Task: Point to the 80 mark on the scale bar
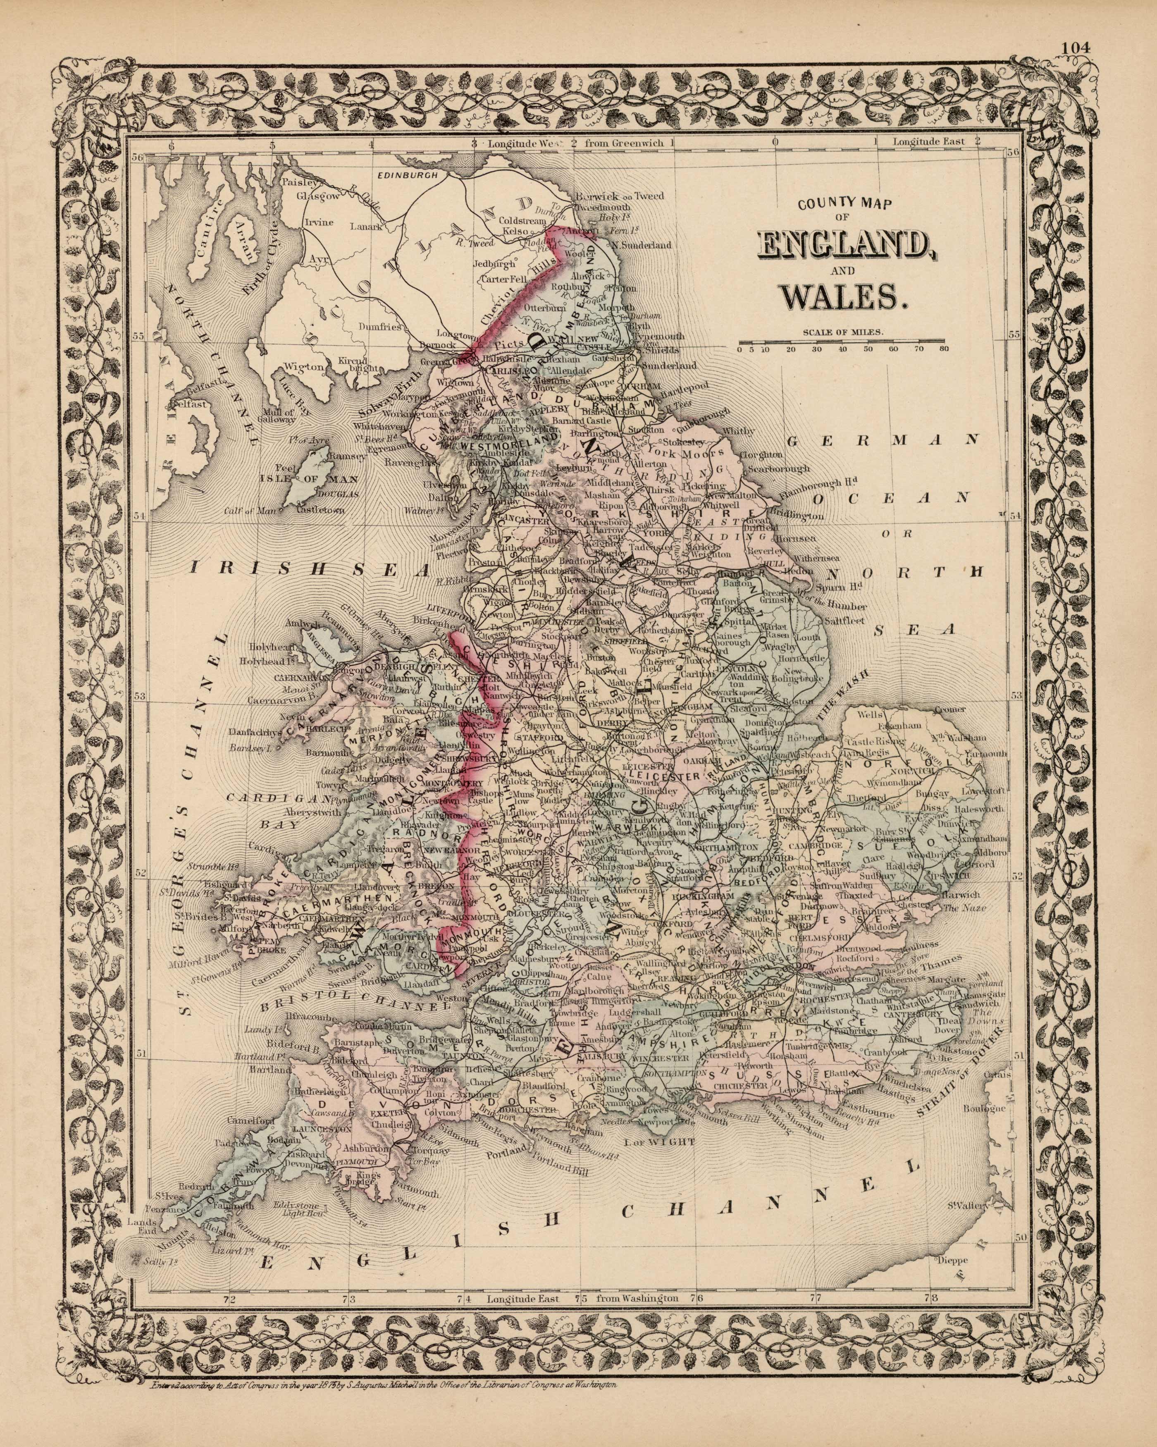pyautogui.click(x=944, y=349)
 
